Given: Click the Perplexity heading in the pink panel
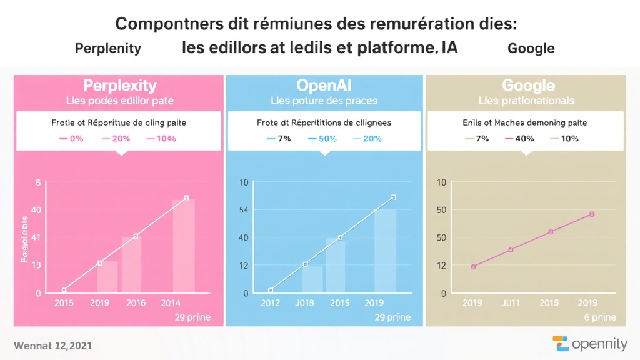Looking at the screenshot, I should [120, 86].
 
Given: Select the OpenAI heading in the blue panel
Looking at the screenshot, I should [324, 86].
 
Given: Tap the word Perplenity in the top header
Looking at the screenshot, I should [107, 48].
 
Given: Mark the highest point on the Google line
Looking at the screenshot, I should [592, 214].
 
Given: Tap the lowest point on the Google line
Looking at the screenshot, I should [474, 267].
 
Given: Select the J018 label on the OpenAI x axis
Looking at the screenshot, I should [304, 303].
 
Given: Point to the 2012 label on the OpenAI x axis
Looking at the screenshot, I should [270, 303].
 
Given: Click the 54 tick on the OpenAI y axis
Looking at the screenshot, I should [243, 209].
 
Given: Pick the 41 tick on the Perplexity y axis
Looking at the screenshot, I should [36, 237].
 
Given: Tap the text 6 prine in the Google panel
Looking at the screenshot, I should [599, 317].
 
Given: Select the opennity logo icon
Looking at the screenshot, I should [561, 344].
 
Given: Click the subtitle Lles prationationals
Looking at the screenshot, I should [526, 101].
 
